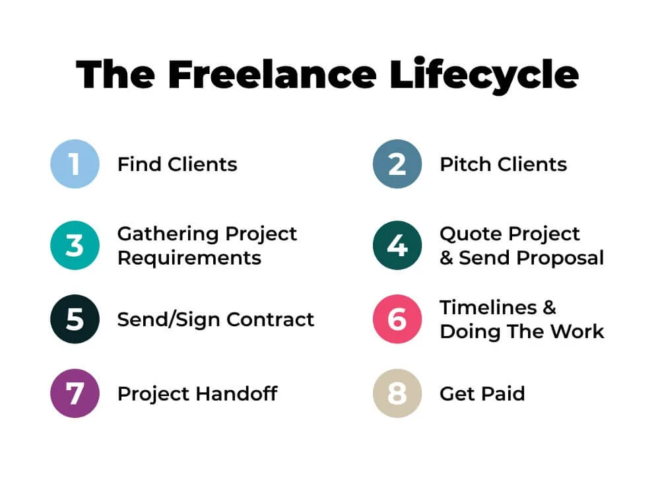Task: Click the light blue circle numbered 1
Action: (x=75, y=164)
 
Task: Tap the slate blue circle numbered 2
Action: (x=397, y=164)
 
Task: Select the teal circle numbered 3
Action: (x=75, y=245)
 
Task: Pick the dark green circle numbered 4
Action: (x=397, y=245)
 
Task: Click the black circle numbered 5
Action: (x=75, y=319)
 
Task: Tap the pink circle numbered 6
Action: (x=397, y=319)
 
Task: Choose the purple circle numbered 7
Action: (x=75, y=393)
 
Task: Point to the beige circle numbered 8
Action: (x=397, y=393)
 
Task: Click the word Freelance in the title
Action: (x=273, y=75)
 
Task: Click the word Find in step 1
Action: (x=139, y=164)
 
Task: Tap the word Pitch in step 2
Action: (x=465, y=164)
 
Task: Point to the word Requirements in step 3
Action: (x=189, y=258)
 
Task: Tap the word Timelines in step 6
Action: (x=488, y=308)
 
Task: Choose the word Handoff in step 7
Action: (x=236, y=393)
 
